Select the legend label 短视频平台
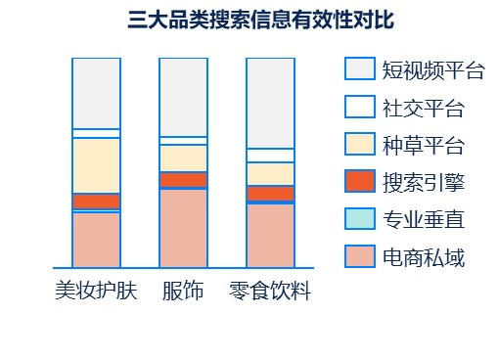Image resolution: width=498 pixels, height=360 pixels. [x=434, y=69]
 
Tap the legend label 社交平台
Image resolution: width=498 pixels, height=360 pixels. [x=424, y=107]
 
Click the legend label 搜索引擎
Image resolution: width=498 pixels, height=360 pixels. [x=424, y=182]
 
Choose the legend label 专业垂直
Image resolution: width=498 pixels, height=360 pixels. [x=424, y=220]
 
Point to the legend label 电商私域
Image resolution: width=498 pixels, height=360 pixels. [x=424, y=258]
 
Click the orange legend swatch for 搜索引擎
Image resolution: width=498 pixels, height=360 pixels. [x=360, y=182]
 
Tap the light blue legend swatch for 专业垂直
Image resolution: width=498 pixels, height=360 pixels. [x=360, y=220]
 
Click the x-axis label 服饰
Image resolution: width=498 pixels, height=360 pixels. [x=183, y=291]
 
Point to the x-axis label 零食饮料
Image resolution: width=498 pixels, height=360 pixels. [x=269, y=291]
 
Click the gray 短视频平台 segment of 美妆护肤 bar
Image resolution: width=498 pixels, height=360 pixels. [x=96, y=93]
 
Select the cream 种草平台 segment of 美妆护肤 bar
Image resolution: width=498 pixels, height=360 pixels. [x=96, y=165]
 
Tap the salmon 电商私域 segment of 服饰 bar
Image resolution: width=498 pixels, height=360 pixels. [x=183, y=227]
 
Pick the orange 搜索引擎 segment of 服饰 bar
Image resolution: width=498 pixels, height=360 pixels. [x=183, y=180]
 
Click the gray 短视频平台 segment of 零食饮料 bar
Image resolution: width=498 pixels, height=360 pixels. [x=270, y=103]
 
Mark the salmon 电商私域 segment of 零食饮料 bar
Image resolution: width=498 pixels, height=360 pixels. [x=270, y=235]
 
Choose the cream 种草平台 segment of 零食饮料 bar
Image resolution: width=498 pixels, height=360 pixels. [x=270, y=173]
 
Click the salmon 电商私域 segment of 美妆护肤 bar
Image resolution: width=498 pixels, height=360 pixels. [x=96, y=239]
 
